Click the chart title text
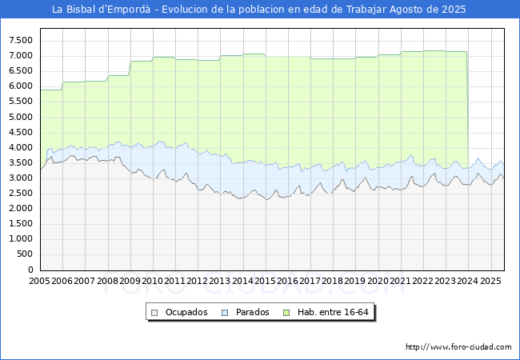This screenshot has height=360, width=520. [259, 10]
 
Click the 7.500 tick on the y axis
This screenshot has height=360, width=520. [19, 40]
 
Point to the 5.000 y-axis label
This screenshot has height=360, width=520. [19, 117]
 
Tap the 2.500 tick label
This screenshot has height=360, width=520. [19, 194]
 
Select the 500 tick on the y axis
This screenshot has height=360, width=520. [25, 254]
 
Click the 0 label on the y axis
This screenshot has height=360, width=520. [31, 270]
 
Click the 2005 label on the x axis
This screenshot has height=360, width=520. [39, 282]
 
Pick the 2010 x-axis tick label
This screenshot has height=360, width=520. [152, 282]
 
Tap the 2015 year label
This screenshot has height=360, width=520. [265, 282]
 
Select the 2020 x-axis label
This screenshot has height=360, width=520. [378, 282]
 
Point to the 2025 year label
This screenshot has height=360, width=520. [490, 282]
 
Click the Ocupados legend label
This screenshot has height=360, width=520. [186, 312]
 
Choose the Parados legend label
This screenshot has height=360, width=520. [253, 312]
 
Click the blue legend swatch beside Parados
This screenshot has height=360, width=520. [225, 312]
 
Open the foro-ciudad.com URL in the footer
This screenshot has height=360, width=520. [458, 347]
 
